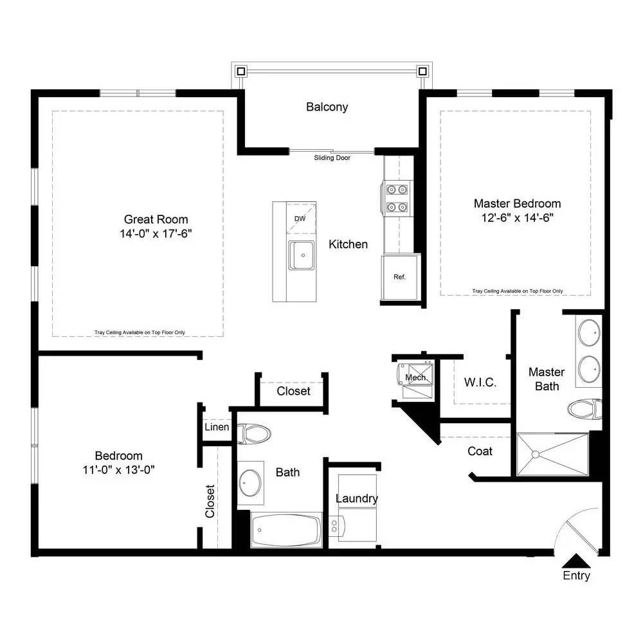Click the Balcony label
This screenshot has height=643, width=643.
[x=327, y=107]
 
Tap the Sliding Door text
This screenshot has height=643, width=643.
[x=332, y=158]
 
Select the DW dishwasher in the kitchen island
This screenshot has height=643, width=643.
[x=301, y=218]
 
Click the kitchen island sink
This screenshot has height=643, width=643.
[x=302, y=255]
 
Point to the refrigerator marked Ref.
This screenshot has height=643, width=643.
[x=399, y=277]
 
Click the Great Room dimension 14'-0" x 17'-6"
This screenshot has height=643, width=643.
[x=156, y=234]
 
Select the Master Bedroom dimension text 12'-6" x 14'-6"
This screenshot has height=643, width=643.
[x=517, y=218]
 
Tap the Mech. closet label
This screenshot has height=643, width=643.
[x=416, y=377]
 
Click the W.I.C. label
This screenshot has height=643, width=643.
[x=480, y=383]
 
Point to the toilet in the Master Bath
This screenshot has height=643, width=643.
[x=584, y=409]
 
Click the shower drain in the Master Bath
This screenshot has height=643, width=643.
[x=535, y=455]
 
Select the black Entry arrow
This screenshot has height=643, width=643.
[x=576, y=561]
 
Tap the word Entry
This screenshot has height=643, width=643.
[x=576, y=575]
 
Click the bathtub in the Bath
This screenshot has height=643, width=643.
[x=286, y=530]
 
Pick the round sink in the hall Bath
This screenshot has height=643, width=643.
[x=250, y=483]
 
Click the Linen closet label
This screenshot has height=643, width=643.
[x=217, y=427]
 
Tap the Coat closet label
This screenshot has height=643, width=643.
[x=480, y=451]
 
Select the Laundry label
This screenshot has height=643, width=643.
[x=357, y=499]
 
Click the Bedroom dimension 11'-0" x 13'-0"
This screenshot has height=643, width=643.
[x=118, y=470]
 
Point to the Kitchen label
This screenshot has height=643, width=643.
[x=348, y=244]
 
